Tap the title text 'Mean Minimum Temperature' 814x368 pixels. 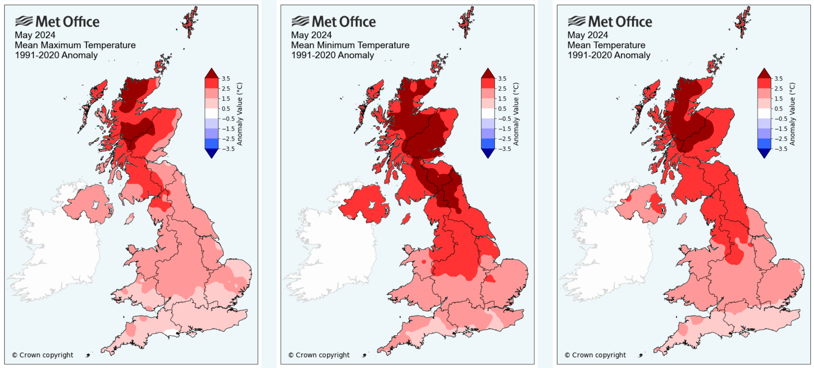click(x=350, y=45)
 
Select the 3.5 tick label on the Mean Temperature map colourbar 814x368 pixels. click(x=778, y=78)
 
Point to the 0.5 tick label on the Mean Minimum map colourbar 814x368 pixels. click(x=502, y=109)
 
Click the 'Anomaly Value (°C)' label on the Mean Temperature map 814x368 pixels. click(x=792, y=114)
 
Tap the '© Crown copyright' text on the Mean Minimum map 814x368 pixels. click(x=319, y=355)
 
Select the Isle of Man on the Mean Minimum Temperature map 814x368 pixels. click(x=406, y=219)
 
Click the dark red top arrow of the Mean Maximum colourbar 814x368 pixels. click(x=211, y=73)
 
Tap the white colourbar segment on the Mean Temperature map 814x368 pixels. click(x=764, y=113)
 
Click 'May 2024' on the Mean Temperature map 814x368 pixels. click(x=587, y=35)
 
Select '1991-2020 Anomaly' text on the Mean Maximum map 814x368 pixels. click(x=56, y=55)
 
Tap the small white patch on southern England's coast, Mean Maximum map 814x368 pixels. click(x=171, y=332)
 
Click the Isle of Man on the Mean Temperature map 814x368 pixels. click(x=682, y=219)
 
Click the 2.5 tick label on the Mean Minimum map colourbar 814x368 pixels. click(x=502, y=89)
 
